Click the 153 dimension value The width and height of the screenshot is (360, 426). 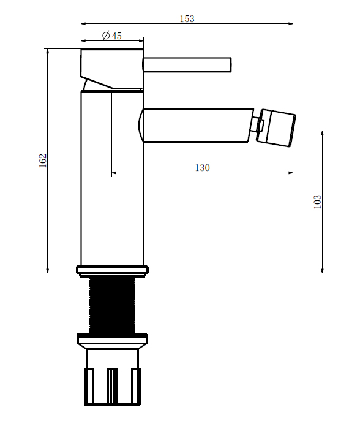(187, 19)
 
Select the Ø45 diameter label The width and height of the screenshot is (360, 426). (112, 36)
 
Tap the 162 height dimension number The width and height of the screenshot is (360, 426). (43, 161)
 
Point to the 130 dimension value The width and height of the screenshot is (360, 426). (203, 167)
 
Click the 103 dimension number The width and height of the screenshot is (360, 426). (317, 202)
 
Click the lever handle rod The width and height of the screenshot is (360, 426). (187, 65)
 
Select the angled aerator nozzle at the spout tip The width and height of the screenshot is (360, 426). (276, 127)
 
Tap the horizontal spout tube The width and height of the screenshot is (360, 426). (196, 125)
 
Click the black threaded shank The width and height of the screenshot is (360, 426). (112, 305)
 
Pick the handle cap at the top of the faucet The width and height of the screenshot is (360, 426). (112, 69)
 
